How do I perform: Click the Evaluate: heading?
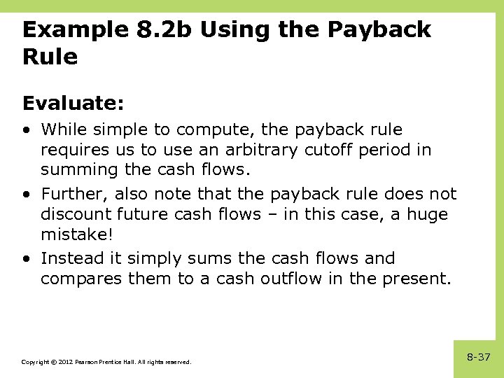73,104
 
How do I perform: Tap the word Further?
73,194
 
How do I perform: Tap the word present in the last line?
422,278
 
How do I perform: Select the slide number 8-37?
479,357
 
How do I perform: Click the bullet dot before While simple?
26,130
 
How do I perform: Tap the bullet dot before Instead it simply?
26,258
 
